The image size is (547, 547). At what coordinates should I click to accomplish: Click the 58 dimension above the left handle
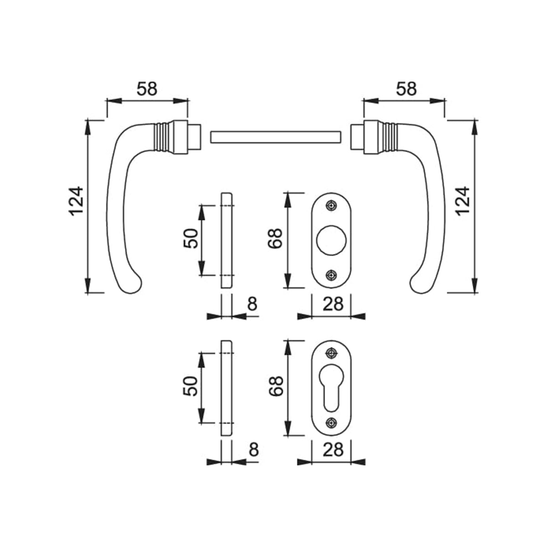pos(147,89)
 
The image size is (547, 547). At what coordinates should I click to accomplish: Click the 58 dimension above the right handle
pos(406,89)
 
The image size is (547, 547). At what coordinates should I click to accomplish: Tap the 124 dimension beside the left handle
pos(77,201)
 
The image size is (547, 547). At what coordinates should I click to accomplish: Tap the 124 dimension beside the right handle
pos(463,201)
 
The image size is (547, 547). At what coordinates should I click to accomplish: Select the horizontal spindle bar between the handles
pos(275,137)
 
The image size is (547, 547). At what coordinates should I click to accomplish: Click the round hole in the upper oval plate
pos(331,240)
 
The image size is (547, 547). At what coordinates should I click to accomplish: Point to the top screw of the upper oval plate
pos(331,206)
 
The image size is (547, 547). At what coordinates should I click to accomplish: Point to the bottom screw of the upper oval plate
pos(331,275)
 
